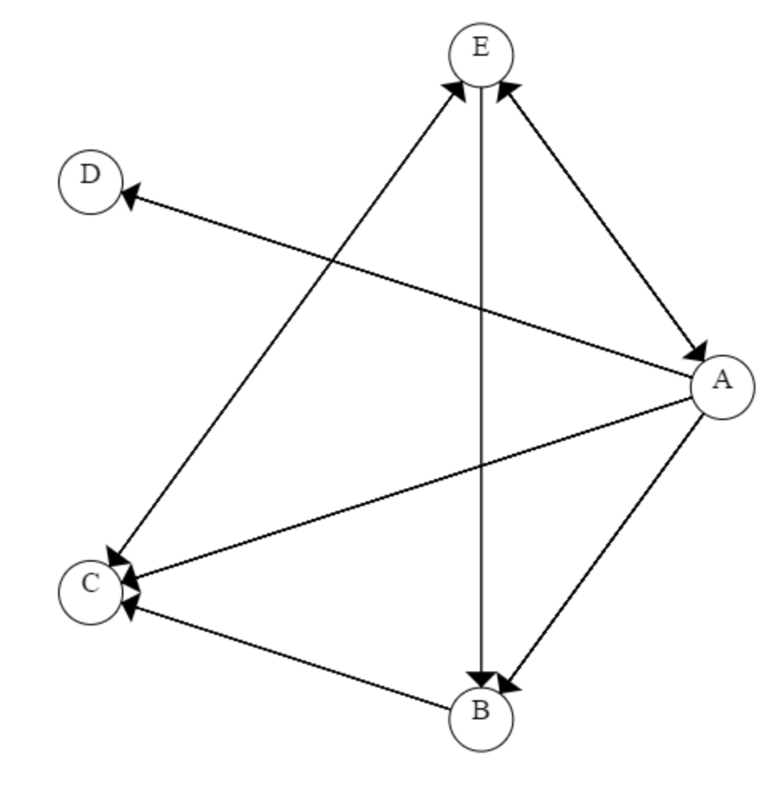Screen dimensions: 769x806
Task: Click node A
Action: coord(722,387)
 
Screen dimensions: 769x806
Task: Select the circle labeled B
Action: coord(481,718)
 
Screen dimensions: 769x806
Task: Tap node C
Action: coord(91,592)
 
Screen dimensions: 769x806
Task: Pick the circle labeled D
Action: coord(91,182)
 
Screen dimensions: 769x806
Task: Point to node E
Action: coord(481,55)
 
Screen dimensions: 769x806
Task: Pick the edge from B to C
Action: coord(287,656)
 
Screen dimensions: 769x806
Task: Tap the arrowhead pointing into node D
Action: coord(129,193)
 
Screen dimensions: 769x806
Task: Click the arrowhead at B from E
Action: coord(481,679)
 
